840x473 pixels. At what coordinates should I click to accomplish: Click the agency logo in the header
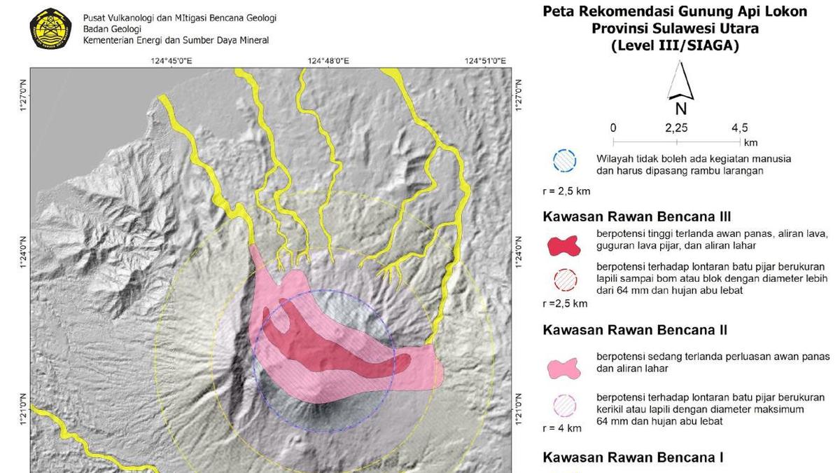click(x=51, y=29)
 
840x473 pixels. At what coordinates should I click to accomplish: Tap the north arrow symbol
click(x=680, y=82)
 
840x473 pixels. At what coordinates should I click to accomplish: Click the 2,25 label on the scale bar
click(x=676, y=128)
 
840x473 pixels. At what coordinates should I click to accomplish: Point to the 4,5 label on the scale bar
click(x=740, y=128)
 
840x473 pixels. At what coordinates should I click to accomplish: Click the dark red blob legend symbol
click(x=563, y=245)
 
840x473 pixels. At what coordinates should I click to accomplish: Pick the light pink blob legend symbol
click(x=563, y=367)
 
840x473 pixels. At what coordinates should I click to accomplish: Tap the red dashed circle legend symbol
click(x=563, y=280)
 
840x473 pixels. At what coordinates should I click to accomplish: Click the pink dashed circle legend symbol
click(x=563, y=406)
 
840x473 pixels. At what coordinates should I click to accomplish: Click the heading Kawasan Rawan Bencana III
click(x=637, y=217)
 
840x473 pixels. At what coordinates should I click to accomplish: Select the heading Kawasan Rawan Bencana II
click(x=635, y=330)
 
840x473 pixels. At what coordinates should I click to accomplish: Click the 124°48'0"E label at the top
click(x=328, y=61)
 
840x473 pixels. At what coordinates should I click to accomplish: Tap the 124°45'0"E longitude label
click(x=171, y=61)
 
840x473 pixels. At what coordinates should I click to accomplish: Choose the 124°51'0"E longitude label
click(x=485, y=61)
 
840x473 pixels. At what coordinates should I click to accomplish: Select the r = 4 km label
click(x=562, y=428)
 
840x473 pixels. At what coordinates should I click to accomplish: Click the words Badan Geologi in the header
click(x=112, y=29)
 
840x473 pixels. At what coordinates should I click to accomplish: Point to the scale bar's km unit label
click(x=750, y=142)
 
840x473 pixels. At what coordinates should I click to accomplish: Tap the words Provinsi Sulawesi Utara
click(x=675, y=29)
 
